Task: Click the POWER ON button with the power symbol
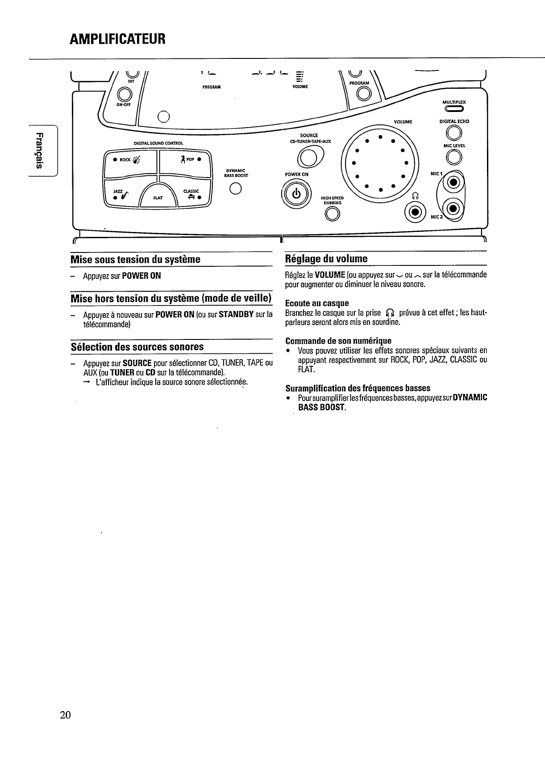[296, 194]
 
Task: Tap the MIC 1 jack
[453, 182]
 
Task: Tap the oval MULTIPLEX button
[453, 109]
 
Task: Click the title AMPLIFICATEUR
[118, 39]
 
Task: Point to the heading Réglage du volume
[326, 259]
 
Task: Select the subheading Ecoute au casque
[317, 303]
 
